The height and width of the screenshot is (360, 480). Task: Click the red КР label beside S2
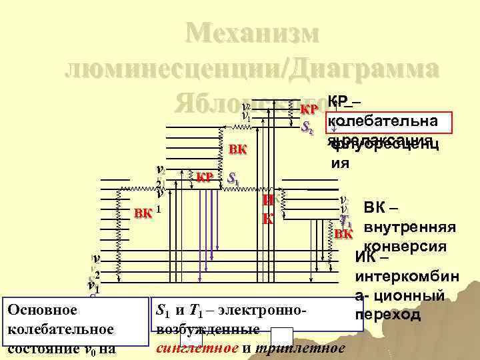(x=309, y=109)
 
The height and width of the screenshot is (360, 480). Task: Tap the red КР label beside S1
(x=205, y=177)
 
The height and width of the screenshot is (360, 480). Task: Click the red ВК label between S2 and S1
(x=237, y=149)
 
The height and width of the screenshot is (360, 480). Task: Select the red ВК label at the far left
(x=143, y=213)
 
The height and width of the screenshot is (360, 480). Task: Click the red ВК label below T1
(x=343, y=234)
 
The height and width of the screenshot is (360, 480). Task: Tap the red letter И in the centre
(x=267, y=201)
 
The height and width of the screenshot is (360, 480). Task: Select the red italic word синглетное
(x=188, y=348)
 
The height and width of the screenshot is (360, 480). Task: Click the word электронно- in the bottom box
(x=263, y=310)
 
